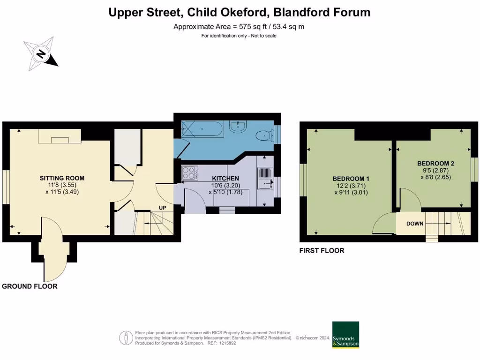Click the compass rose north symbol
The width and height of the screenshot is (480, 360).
(x=41, y=54)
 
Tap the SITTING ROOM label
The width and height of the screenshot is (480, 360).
(x=62, y=178)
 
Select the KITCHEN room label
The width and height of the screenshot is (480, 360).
(x=225, y=179)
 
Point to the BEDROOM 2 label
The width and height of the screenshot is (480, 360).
(x=435, y=164)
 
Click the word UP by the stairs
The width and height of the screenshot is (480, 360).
(x=162, y=208)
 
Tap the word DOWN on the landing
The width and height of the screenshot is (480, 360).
(x=414, y=224)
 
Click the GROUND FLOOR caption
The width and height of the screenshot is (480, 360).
(x=30, y=286)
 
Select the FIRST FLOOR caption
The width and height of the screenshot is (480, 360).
(x=322, y=251)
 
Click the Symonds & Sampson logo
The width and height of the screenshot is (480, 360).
(x=345, y=335)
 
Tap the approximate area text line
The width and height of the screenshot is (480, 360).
(x=239, y=26)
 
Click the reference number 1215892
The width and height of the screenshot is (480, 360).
(x=228, y=343)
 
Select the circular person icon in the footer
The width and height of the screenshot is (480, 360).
(x=126, y=337)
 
